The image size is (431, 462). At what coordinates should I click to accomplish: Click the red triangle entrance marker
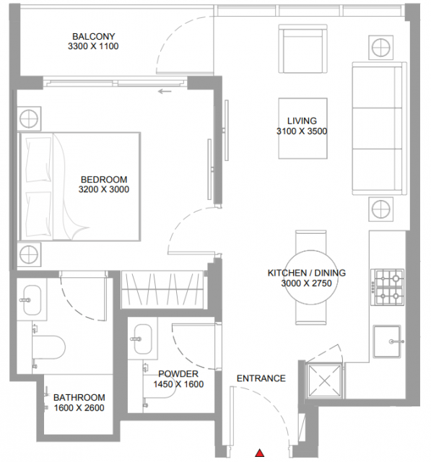(x=259, y=453)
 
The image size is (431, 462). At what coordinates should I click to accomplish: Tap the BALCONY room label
(x=94, y=37)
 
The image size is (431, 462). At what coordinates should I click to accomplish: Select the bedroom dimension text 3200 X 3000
(x=104, y=189)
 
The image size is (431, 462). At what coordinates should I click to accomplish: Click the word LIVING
(x=302, y=121)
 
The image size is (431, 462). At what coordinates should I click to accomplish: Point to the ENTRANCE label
(x=261, y=378)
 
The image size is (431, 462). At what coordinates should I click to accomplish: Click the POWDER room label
(x=178, y=374)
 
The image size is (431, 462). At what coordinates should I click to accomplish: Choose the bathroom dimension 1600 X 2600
(x=79, y=408)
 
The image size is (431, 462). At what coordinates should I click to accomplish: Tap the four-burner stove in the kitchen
(x=387, y=287)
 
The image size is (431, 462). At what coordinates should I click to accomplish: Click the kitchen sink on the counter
(x=387, y=341)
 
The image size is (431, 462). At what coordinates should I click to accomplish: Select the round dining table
(x=311, y=277)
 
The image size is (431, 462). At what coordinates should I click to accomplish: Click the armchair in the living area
(x=302, y=48)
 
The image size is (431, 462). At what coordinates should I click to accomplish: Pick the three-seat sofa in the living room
(x=379, y=128)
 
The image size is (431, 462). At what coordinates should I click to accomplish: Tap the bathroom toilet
(x=48, y=347)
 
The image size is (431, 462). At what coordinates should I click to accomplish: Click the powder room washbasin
(x=143, y=339)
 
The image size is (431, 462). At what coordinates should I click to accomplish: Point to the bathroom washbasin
(x=32, y=300)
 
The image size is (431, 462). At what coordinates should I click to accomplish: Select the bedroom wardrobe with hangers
(x=162, y=289)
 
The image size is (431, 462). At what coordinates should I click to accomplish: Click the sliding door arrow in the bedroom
(x=165, y=92)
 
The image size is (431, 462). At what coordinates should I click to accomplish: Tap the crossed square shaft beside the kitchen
(x=324, y=381)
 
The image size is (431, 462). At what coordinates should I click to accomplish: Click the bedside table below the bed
(x=29, y=254)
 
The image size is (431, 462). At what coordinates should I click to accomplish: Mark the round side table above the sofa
(x=380, y=48)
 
